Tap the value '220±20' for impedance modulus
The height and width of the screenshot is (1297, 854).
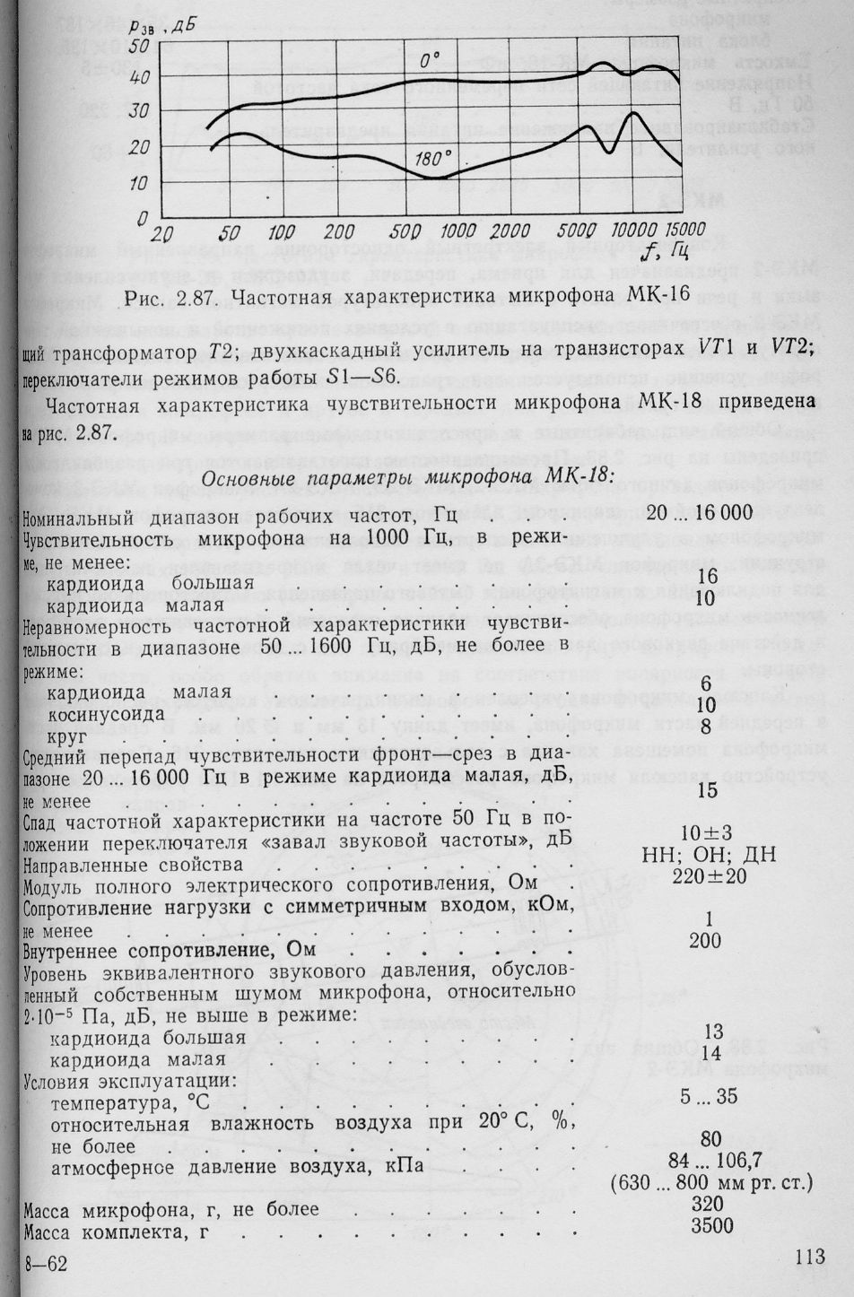[709, 876]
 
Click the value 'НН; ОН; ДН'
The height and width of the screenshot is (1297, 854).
[708, 855]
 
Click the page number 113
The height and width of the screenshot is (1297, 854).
[808, 1258]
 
